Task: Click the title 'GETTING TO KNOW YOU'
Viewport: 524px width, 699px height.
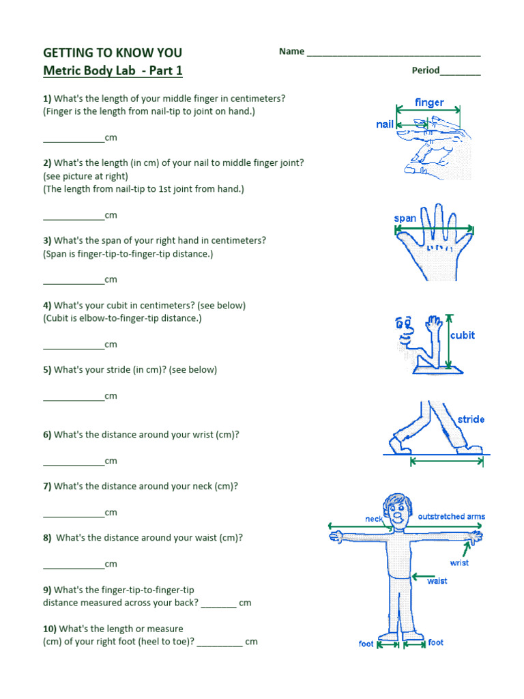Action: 113,53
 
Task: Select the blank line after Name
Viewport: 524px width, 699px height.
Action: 394,53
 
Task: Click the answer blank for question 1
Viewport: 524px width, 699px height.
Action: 74,139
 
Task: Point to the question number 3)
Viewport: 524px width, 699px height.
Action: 48,240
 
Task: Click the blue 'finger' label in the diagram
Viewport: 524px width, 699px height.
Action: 429,102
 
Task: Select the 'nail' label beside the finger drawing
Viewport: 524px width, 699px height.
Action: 385,124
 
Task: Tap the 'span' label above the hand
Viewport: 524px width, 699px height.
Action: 405,218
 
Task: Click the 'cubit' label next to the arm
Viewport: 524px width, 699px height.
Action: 462,335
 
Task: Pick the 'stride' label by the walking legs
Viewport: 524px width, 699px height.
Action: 471,419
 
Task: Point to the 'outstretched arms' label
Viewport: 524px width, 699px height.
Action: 451,516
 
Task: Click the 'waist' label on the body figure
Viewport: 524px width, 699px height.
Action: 437,580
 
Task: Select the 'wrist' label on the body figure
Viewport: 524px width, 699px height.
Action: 459,562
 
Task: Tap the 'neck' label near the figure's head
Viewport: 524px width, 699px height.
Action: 374,519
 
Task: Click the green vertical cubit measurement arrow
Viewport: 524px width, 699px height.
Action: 448,341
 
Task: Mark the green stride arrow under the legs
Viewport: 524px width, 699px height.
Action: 447,462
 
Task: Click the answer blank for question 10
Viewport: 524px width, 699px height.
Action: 220,643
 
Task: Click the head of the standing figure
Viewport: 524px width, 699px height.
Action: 395,508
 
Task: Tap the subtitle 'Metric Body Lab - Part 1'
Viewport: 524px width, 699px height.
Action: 113,70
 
